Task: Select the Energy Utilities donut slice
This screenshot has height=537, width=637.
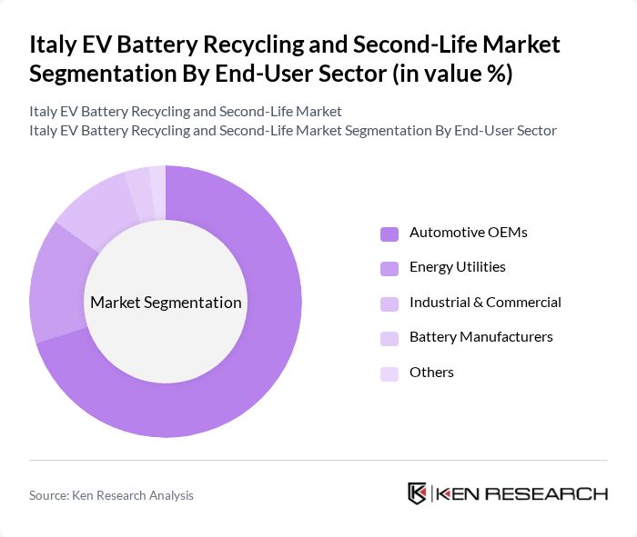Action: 53,282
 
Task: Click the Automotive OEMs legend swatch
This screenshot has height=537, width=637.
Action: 389,234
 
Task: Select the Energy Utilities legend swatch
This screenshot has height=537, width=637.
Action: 389,268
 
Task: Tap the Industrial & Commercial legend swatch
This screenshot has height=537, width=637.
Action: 389,303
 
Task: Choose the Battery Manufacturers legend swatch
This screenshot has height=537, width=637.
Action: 389,338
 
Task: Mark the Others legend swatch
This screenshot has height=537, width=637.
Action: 389,373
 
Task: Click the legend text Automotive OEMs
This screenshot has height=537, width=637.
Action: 468,233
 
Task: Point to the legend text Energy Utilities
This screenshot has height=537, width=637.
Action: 457,267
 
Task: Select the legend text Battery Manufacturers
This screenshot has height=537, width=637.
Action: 480,337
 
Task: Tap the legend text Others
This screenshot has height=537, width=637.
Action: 431,373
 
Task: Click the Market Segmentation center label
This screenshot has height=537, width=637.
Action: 166,303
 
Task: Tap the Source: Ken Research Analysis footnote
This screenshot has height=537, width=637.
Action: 111,495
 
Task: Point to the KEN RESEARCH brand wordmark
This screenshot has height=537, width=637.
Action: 521,493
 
